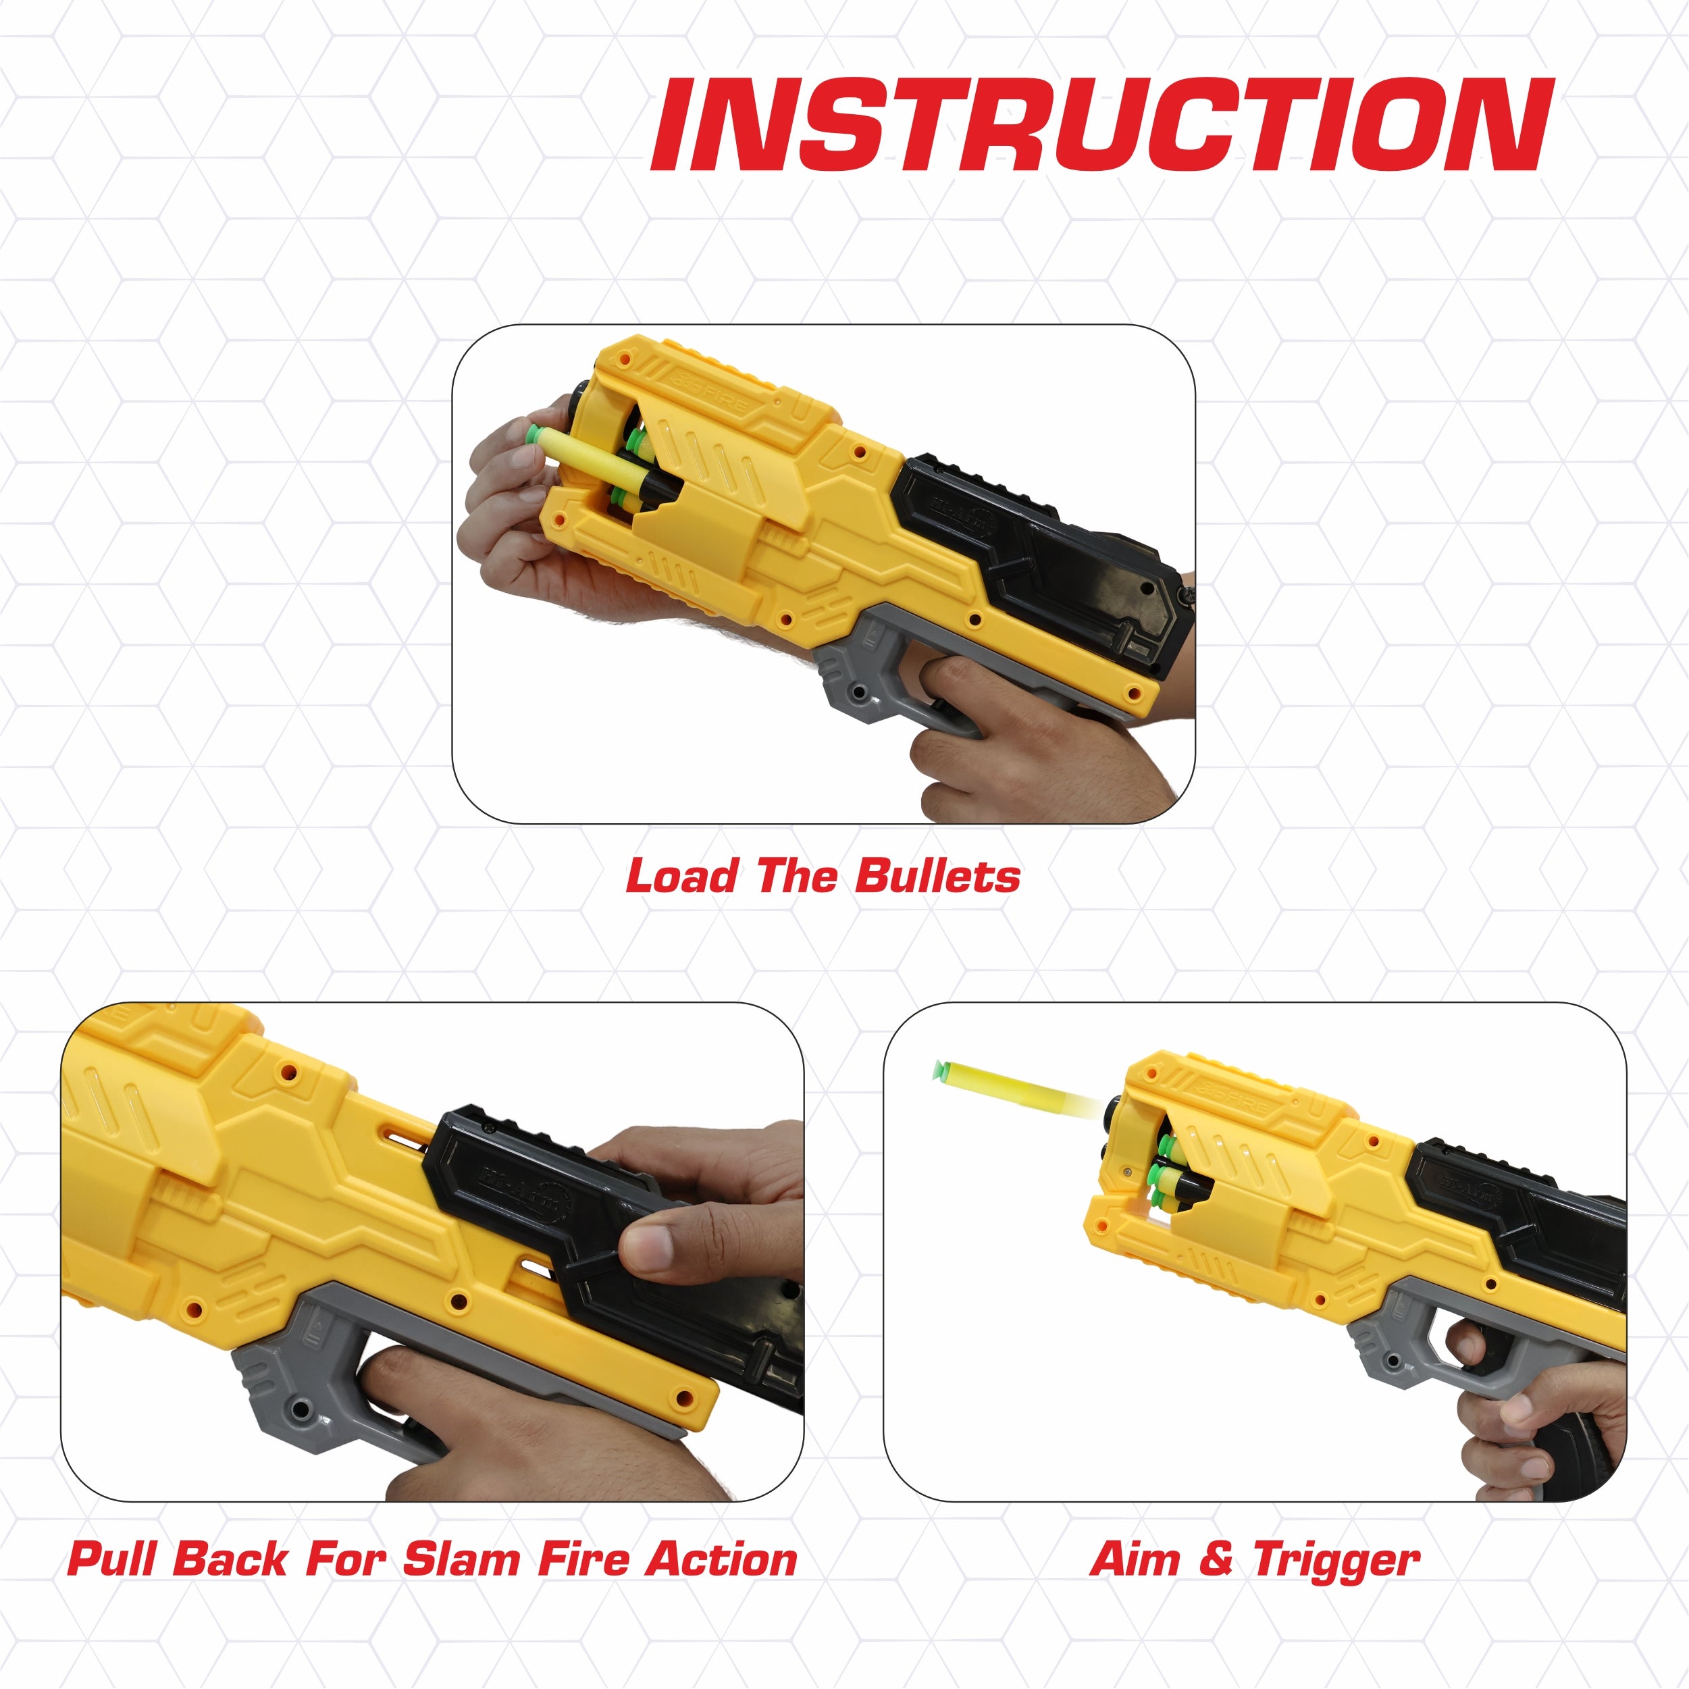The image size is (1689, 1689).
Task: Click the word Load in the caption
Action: point(681,876)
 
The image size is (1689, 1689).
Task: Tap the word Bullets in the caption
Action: point(937,876)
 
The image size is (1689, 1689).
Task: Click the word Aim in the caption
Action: point(1135,1559)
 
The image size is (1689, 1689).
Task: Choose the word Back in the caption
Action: point(230,1559)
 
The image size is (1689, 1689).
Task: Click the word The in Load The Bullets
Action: point(796,876)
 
